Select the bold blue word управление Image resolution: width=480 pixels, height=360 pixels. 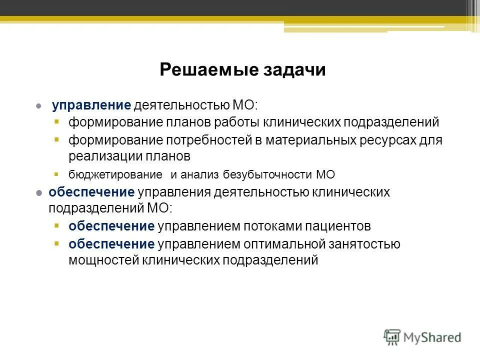point(91,105)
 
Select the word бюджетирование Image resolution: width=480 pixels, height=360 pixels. point(115,175)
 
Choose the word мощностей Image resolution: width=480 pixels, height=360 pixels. point(103,260)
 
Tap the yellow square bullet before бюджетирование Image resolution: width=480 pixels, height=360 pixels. point(57,174)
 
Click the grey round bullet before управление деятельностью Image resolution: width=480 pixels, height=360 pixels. point(38,106)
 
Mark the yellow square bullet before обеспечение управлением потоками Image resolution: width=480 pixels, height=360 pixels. point(57,226)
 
